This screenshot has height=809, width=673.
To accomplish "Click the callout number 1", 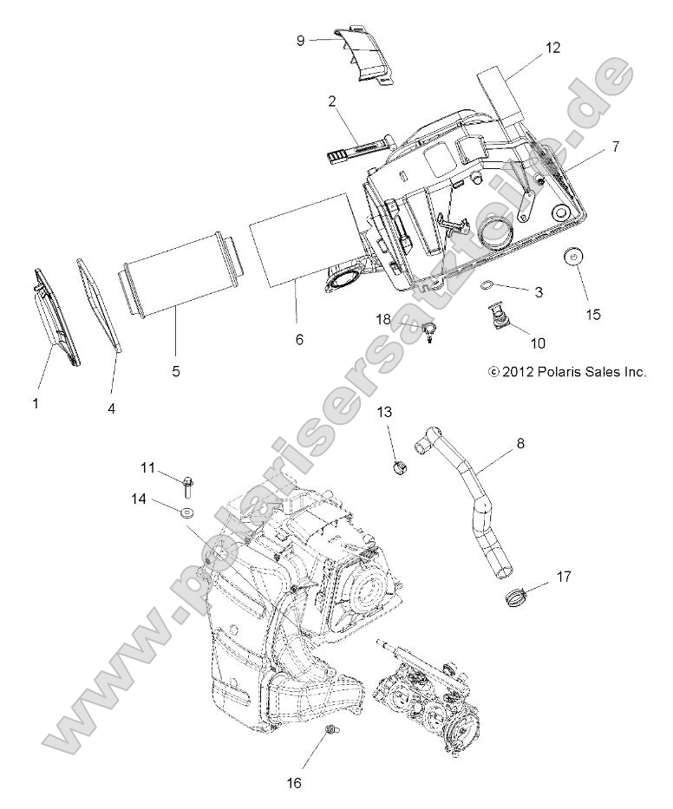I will click(x=36, y=402).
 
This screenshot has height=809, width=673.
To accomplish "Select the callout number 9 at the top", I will click(x=300, y=40).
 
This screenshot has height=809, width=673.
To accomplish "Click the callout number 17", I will click(x=563, y=575).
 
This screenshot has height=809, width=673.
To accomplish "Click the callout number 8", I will click(x=519, y=443).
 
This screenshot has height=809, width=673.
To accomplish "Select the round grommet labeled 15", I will click(x=572, y=258).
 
